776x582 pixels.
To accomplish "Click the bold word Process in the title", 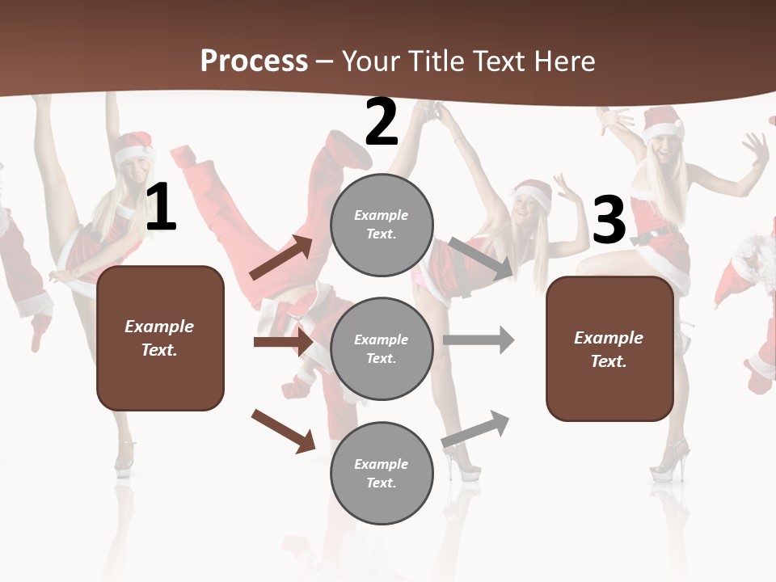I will click(254, 61).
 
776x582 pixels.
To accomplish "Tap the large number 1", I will click(161, 208).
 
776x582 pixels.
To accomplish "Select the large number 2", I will click(382, 122).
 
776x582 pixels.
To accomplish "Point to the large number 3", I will click(609, 221).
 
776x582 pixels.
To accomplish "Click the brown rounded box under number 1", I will click(160, 338).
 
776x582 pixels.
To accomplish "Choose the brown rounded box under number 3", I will click(609, 348).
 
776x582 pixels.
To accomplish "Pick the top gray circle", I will click(382, 225).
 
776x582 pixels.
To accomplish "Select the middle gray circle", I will click(382, 348).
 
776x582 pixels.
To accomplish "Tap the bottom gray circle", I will click(382, 473).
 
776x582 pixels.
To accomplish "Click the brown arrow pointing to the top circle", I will click(281, 258).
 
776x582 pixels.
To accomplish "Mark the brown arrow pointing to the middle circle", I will click(283, 342).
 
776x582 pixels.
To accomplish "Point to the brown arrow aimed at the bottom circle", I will click(283, 430).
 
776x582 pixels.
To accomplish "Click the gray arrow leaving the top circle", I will click(481, 257).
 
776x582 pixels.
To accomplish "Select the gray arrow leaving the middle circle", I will click(479, 339).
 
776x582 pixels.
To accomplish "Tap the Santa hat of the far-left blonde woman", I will click(134, 149).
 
